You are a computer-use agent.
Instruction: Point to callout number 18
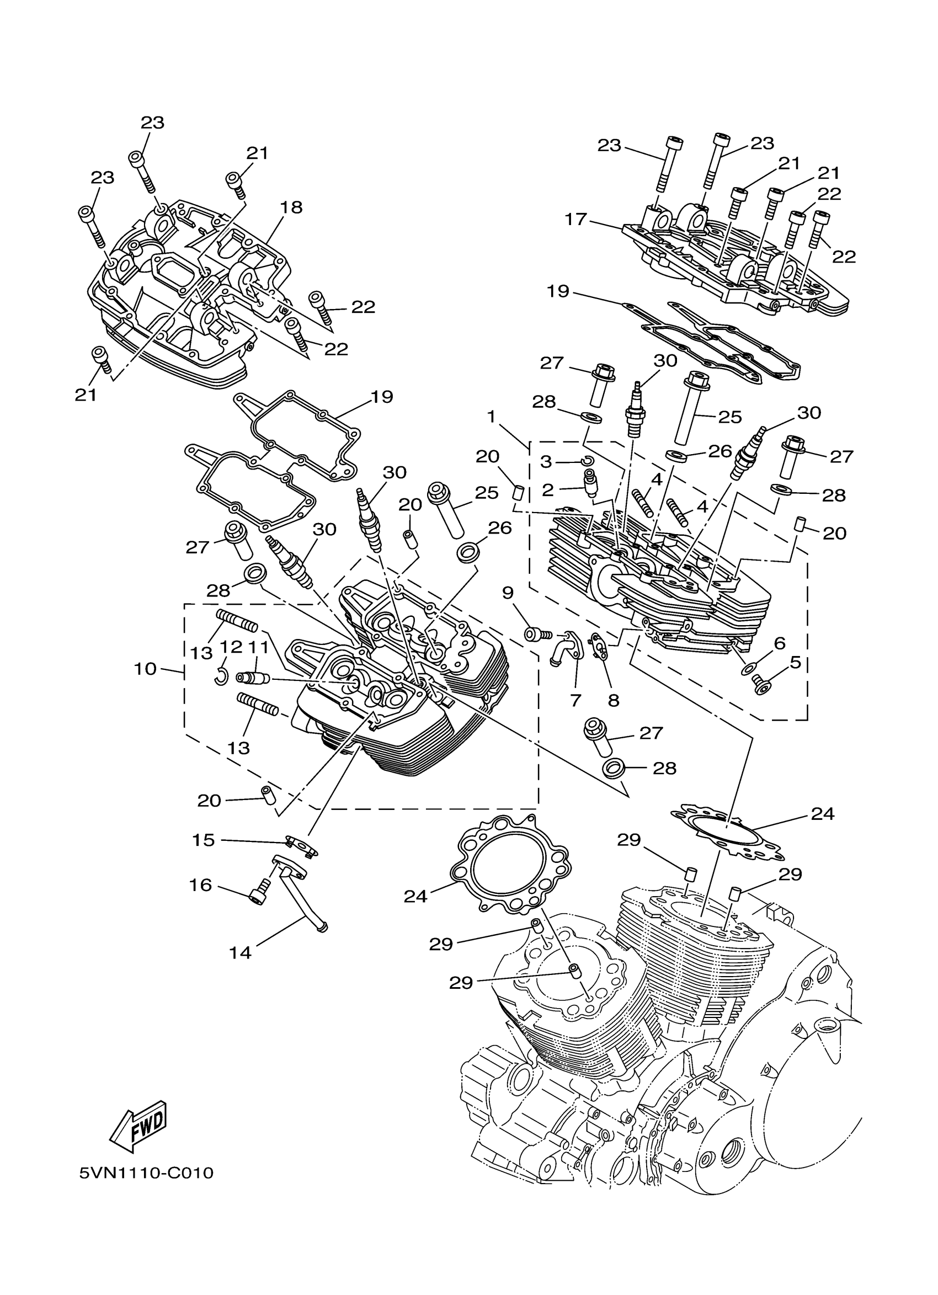coord(291,207)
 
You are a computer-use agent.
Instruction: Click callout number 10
coord(145,669)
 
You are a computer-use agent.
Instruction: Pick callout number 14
coord(241,952)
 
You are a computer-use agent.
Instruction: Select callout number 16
coord(200,885)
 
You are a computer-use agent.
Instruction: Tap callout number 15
coord(203,840)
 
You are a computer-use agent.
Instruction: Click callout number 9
coord(508,593)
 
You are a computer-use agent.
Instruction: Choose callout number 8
coord(614,700)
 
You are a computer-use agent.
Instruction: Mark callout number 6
coord(779,643)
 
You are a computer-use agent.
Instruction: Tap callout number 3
coord(546,461)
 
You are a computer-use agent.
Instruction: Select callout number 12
coord(232,647)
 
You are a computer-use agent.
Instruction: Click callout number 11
coord(258,647)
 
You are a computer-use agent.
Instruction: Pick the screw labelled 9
coord(537,633)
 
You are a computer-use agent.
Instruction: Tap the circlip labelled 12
coord(221,676)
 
